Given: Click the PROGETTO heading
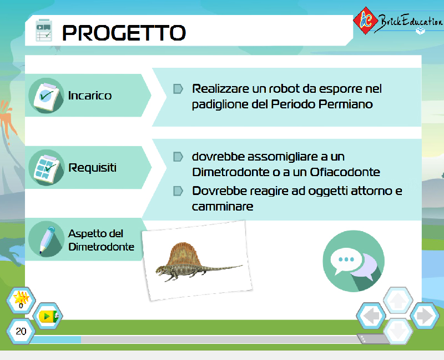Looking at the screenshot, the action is (124, 32).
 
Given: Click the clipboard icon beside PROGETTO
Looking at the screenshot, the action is (44, 31).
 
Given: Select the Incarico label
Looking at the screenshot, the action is (90, 96).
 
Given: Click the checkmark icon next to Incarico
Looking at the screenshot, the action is (47, 96).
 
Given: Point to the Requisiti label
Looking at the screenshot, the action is (92, 168).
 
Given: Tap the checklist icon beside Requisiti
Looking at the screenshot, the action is (47, 168).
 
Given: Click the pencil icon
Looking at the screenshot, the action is (47, 239).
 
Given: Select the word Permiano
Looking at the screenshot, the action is (345, 104).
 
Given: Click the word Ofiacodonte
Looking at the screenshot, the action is (345, 172).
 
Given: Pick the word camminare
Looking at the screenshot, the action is (223, 206).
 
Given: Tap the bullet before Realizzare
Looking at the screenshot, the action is (178, 89).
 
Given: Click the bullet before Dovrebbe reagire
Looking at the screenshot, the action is (178, 191).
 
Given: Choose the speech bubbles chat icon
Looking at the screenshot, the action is (354, 261).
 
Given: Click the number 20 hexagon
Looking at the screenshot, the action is (21, 331).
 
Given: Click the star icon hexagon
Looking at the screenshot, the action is (21, 300).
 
